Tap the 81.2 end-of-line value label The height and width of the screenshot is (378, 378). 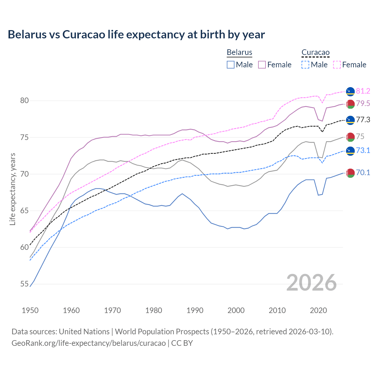coord(363,91)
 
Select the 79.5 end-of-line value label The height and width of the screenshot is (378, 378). coord(363,104)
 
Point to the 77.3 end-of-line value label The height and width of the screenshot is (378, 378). coord(363,120)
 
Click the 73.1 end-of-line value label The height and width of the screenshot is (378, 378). coord(363,151)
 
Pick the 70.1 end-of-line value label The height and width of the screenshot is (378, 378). coord(363,173)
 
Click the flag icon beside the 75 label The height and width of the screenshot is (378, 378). coord(350,137)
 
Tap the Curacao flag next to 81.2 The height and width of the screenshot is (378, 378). coord(350,92)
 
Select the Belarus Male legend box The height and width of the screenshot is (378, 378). coord(231,65)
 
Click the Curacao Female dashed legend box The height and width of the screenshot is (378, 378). coord(337,65)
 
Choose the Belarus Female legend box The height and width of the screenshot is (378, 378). coord(262,65)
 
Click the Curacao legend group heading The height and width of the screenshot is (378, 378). coord(315,53)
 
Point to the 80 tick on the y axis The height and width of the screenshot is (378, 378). coord(24,101)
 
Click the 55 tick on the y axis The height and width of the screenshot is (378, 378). coord(24,284)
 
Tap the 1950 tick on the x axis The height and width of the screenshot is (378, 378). coord(30,310)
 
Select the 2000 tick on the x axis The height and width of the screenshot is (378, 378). coord(236,310)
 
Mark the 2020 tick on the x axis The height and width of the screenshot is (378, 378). coord(318,310)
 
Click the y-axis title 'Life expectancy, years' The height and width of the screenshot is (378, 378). coord(13,189)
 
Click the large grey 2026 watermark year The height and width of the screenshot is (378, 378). coord(312,283)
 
